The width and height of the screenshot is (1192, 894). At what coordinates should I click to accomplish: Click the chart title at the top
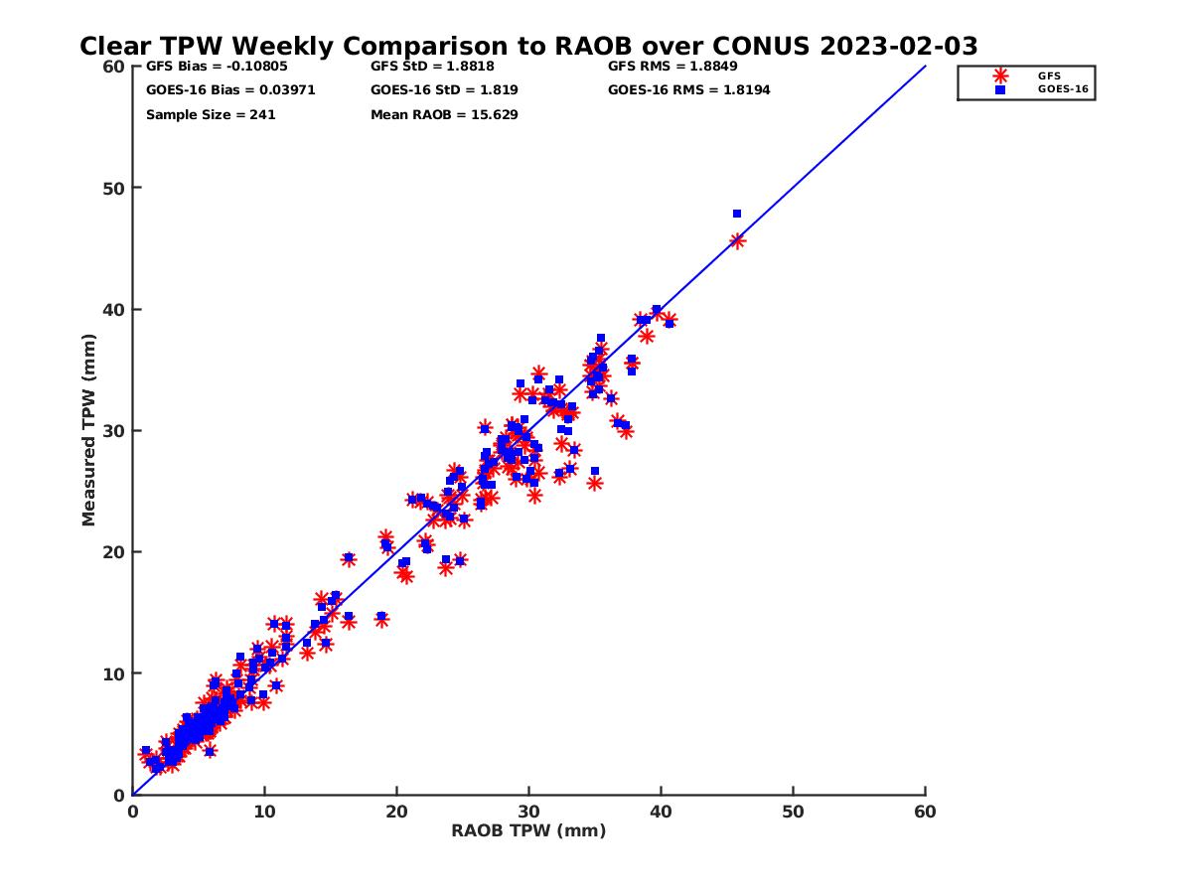tap(528, 46)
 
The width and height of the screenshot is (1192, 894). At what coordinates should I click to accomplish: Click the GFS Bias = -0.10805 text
tap(209, 67)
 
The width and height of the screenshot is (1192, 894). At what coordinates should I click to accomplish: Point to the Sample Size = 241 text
tap(211, 114)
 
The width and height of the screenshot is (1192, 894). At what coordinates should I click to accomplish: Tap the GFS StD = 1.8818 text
tap(432, 67)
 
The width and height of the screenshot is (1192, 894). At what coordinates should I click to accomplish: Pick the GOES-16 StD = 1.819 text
tap(444, 90)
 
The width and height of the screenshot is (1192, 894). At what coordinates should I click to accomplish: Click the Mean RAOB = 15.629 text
tap(444, 114)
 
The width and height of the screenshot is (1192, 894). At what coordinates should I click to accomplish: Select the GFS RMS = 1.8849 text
tap(672, 67)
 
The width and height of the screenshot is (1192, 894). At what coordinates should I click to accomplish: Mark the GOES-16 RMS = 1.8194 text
tap(688, 90)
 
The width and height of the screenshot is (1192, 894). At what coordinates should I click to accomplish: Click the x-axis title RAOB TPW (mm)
tap(528, 831)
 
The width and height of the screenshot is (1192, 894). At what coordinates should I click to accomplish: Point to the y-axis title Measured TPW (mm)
tap(89, 429)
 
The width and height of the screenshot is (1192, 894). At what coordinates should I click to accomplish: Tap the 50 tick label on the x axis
tap(794, 812)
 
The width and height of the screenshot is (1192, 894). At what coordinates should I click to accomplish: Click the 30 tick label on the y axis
tap(114, 430)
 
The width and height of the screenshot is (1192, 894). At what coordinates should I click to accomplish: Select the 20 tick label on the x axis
tap(397, 812)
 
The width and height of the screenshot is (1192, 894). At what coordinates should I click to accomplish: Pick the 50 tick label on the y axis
tap(114, 188)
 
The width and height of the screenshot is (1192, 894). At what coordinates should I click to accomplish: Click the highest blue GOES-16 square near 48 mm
tap(737, 214)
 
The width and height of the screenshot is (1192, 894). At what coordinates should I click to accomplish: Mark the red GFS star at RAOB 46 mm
tap(737, 240)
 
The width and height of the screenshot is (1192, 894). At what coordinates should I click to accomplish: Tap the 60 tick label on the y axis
tap(114, 67)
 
